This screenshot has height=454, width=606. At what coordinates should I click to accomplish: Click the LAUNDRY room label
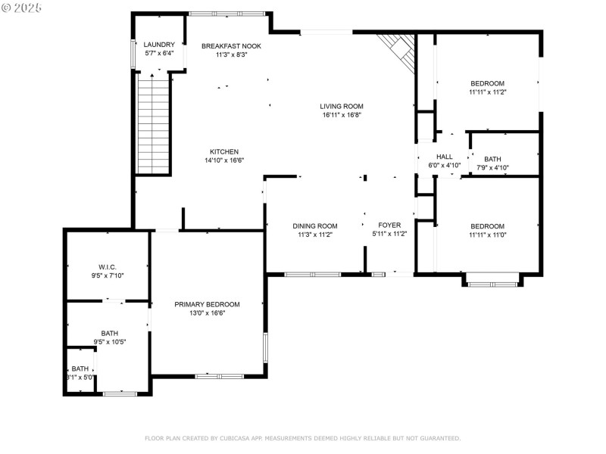[159, 45]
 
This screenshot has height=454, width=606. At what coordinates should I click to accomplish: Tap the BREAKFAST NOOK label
[231, 46]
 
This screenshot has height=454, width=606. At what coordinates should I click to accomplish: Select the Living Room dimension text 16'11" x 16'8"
[342, 115]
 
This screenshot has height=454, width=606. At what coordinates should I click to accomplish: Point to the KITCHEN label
[224, 152]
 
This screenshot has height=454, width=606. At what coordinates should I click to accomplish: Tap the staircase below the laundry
[154, 123]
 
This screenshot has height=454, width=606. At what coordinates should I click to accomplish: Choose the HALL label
[445, 157]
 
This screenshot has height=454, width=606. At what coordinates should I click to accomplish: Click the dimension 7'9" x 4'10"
[492, 167]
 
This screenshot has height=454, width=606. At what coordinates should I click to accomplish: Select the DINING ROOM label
[315, 225]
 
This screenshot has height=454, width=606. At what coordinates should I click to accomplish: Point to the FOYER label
[389, 225]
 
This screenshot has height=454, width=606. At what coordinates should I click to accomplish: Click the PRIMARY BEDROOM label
[207, 304]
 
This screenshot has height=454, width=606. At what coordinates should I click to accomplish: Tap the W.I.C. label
[108, 267]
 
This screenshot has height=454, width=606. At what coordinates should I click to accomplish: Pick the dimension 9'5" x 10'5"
[110, 342]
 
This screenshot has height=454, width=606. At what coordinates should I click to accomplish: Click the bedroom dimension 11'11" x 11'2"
[488, 92]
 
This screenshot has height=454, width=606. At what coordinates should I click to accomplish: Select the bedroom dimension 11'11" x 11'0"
[488, 235]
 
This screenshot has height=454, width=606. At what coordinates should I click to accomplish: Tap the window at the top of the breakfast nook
[226, 14]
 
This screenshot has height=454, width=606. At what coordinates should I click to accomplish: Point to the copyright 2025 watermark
[21, 8]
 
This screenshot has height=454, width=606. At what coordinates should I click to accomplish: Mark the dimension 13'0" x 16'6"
[207, 313]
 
